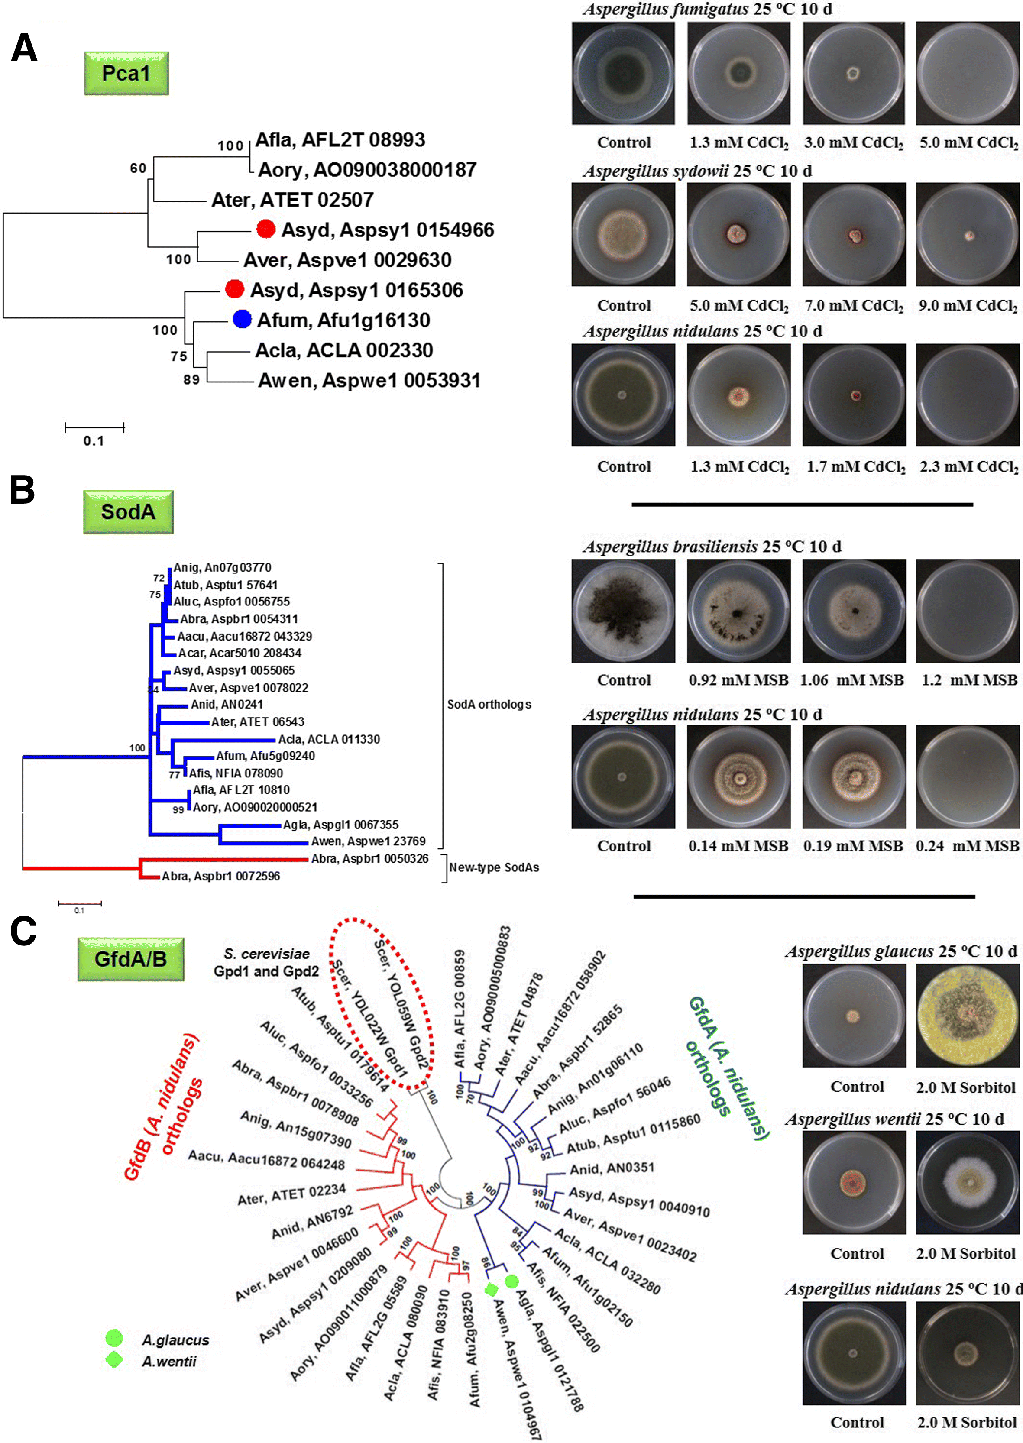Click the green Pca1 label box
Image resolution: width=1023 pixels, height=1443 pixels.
click(x=126, y=73)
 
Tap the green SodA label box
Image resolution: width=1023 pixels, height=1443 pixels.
click(x=128, y=511)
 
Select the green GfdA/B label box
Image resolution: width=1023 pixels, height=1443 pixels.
click(x=130, y=959)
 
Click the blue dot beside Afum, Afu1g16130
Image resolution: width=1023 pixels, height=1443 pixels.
click(x=242, y=320)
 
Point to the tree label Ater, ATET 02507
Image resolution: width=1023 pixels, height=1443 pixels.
click(x=292, y=200)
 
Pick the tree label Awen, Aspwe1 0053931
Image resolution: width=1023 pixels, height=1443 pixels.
click(x=369, y=380)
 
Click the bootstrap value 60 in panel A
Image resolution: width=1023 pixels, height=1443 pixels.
click(x=138, y=168)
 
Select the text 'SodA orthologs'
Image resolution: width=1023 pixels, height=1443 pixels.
click(x=489, y=704)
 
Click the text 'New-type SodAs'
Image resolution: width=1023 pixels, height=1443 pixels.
click(x=494, y=867)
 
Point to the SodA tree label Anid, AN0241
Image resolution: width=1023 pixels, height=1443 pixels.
click(x=227, y=704)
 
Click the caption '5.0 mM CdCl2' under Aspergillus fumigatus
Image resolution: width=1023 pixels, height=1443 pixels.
click(x=968, y=142)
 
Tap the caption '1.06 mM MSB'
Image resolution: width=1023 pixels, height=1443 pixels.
click(x=851, y=680)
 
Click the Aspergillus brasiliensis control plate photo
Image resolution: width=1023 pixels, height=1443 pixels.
click(x=623, y=610)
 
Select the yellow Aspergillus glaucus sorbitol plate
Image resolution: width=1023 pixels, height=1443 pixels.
click(x=967, y=1015)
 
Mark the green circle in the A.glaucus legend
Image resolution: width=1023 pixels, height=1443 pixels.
click(x=114, y=1338)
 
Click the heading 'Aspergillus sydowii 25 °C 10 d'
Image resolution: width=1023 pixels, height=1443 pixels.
click(x=697, y=171)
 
